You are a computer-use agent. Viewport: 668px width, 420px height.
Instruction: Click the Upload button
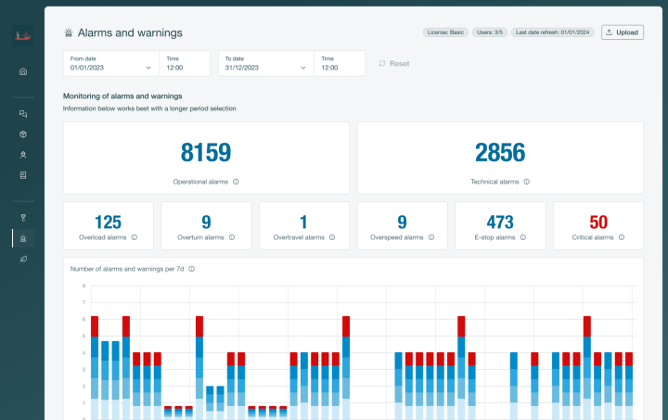pyautogui.click(x=622, y=32)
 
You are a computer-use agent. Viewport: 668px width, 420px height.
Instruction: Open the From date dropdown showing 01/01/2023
pyautogui.click(x=110, y=63)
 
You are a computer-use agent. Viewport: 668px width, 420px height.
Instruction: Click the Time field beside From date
pyautogui.click(x=185, y=63)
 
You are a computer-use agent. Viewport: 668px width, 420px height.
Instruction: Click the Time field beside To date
pyautogui.click(x=340, y=63)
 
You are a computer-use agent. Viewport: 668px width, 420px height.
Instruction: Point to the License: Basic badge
pyautogui.click(x=445, y=32)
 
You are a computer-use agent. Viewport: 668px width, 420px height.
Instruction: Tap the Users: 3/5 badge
pyautogui.click(x=490, y=32)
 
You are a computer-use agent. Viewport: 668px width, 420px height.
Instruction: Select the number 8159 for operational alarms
pyautogui.click(x=206, y=153)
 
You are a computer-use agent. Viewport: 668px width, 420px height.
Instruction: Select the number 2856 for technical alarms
pyautogui.click(x=499, y=153)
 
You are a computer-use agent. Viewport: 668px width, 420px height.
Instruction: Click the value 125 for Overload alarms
pyautogui.click(x=108, y=222)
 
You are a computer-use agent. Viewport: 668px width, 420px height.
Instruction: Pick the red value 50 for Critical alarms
pyautogui.click(x=598, y=222)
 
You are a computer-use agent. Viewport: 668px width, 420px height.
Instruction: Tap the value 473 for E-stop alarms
pyautogui.click(x=500, y=222)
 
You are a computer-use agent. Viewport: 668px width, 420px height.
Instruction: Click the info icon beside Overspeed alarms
pyautogui.click(x=429, y=237)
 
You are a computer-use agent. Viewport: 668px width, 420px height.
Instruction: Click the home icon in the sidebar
pyautogui.click(x=23, y=71)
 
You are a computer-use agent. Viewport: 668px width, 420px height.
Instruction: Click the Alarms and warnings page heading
pyautogui.click(x=130, y=32)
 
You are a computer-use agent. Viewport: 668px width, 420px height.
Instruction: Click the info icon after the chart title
pyautogui.click(x=192, y=269)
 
